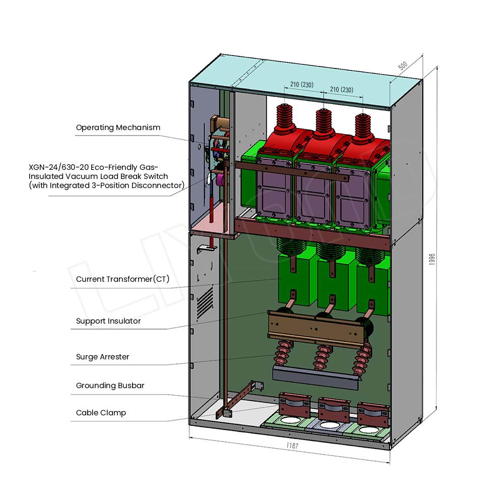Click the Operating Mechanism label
(x=118, y=128)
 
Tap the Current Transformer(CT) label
(x=122, y=279)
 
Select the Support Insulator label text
(x=108, y=321)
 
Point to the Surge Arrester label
(x=102, y=357)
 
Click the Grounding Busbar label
(x=110, y=386)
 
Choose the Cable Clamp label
(x=101, y=413)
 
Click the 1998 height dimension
(x=432, y=259)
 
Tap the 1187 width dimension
(x=292, y=446)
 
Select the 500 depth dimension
(x=403, y=66)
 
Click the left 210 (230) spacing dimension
(x=301, y=85)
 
